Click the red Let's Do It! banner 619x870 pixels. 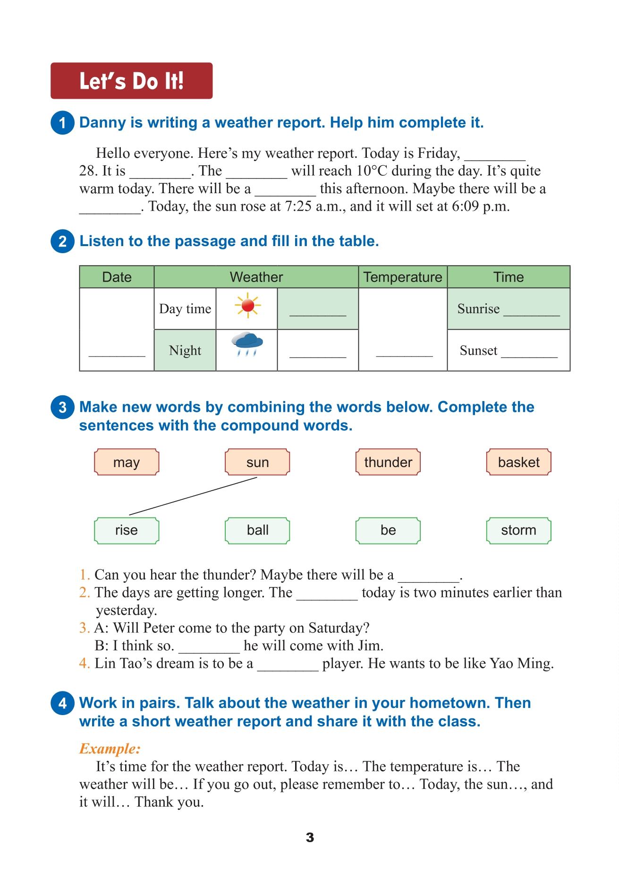point(131,81)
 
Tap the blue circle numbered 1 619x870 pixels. point(62,123)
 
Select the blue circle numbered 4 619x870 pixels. point(62,703)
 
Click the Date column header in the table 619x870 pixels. point(117,277)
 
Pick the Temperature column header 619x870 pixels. point(403,277)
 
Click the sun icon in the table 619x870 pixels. point(247,306)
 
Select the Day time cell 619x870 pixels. point(185,308)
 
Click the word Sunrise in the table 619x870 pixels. point(478,308)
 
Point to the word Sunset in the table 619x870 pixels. point(478,350)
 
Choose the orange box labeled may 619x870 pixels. point(127,462)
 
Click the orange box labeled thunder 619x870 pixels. point(388,462)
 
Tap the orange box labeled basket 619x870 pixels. point(519,462)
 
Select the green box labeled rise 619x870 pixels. point(127,530)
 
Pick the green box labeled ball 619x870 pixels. point(257,530)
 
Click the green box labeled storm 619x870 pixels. point(519,530)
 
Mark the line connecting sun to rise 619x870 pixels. point(193,496)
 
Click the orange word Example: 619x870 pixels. point(110,749)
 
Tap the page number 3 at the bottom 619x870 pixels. point(310,837)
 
